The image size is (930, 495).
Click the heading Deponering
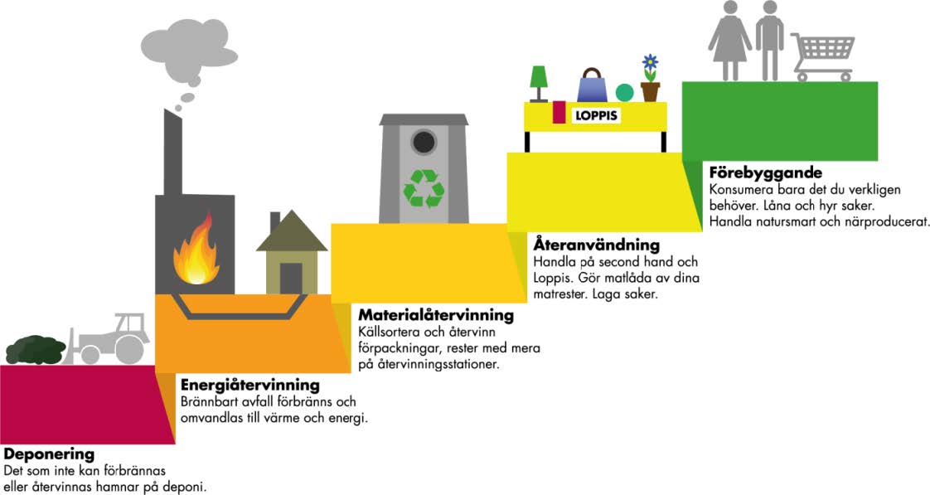tap(49, 454)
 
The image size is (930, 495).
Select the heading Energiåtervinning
tap(249, 385)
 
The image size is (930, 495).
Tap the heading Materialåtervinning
tap(435, 315)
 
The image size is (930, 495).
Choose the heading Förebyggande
tap(765, 173)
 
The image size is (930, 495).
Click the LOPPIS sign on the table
tap(597, 117)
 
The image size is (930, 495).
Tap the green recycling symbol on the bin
tap(424, 187)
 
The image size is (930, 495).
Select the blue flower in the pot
tap(650, 63)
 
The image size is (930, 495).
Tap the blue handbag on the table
tap(592, 85)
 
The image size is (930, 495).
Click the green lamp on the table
tap(539, 83)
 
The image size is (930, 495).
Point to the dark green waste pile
tap(35, 349)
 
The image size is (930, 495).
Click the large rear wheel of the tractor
tap(129, 349)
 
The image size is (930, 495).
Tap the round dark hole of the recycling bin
tap(424, 143)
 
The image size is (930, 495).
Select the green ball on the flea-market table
tap(624, 92)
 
